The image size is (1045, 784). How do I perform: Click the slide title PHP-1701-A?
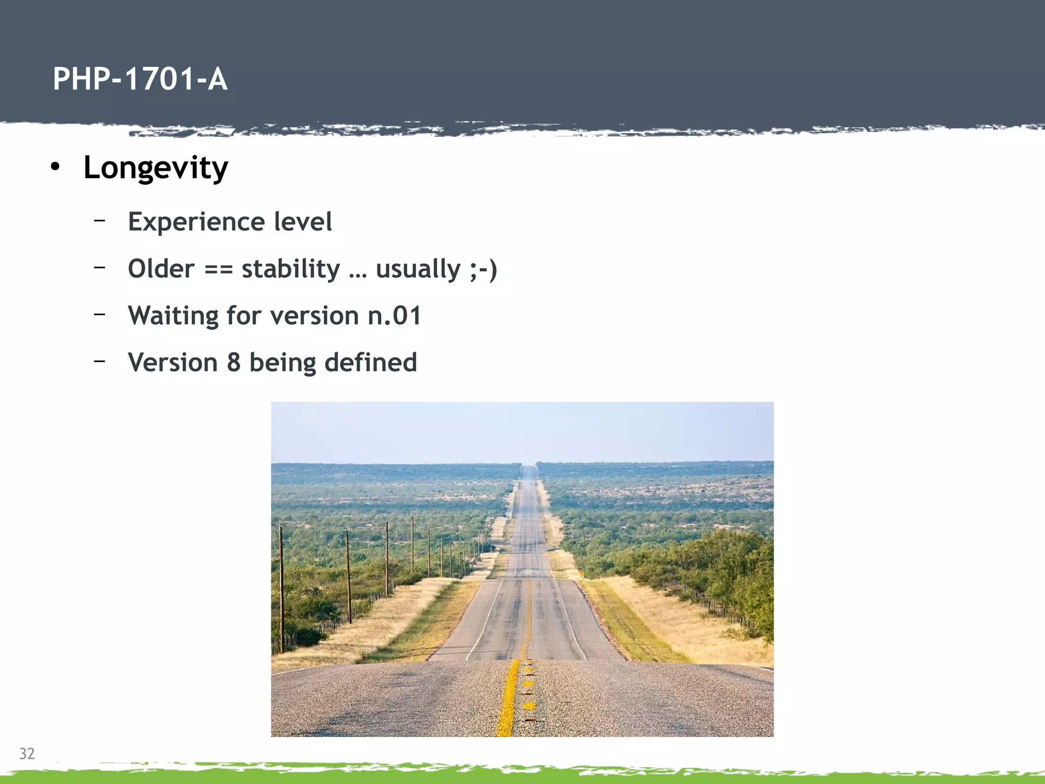click(140, 80)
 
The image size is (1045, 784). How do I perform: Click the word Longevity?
click(156, 168)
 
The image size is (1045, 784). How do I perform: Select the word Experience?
click(196, 222)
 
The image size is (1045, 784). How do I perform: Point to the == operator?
click(218, 269)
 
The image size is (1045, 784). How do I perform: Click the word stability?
click(290, 269)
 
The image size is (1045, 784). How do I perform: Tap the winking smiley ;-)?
click(483, 269)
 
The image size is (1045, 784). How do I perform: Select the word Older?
click(161, 269)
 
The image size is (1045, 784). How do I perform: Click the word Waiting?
click(173, 316)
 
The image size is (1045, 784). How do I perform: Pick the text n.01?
click(394, 316)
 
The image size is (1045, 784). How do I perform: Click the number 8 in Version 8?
click(234, 363)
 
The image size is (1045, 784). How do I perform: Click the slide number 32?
click(27, 753)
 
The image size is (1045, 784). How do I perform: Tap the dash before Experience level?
click(99, 220)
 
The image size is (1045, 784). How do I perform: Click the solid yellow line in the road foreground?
click(508, 699)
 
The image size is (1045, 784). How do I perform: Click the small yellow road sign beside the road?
click(583, 568)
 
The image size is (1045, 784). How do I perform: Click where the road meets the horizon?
click(529, 466)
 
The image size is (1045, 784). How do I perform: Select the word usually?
click(418, 269)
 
